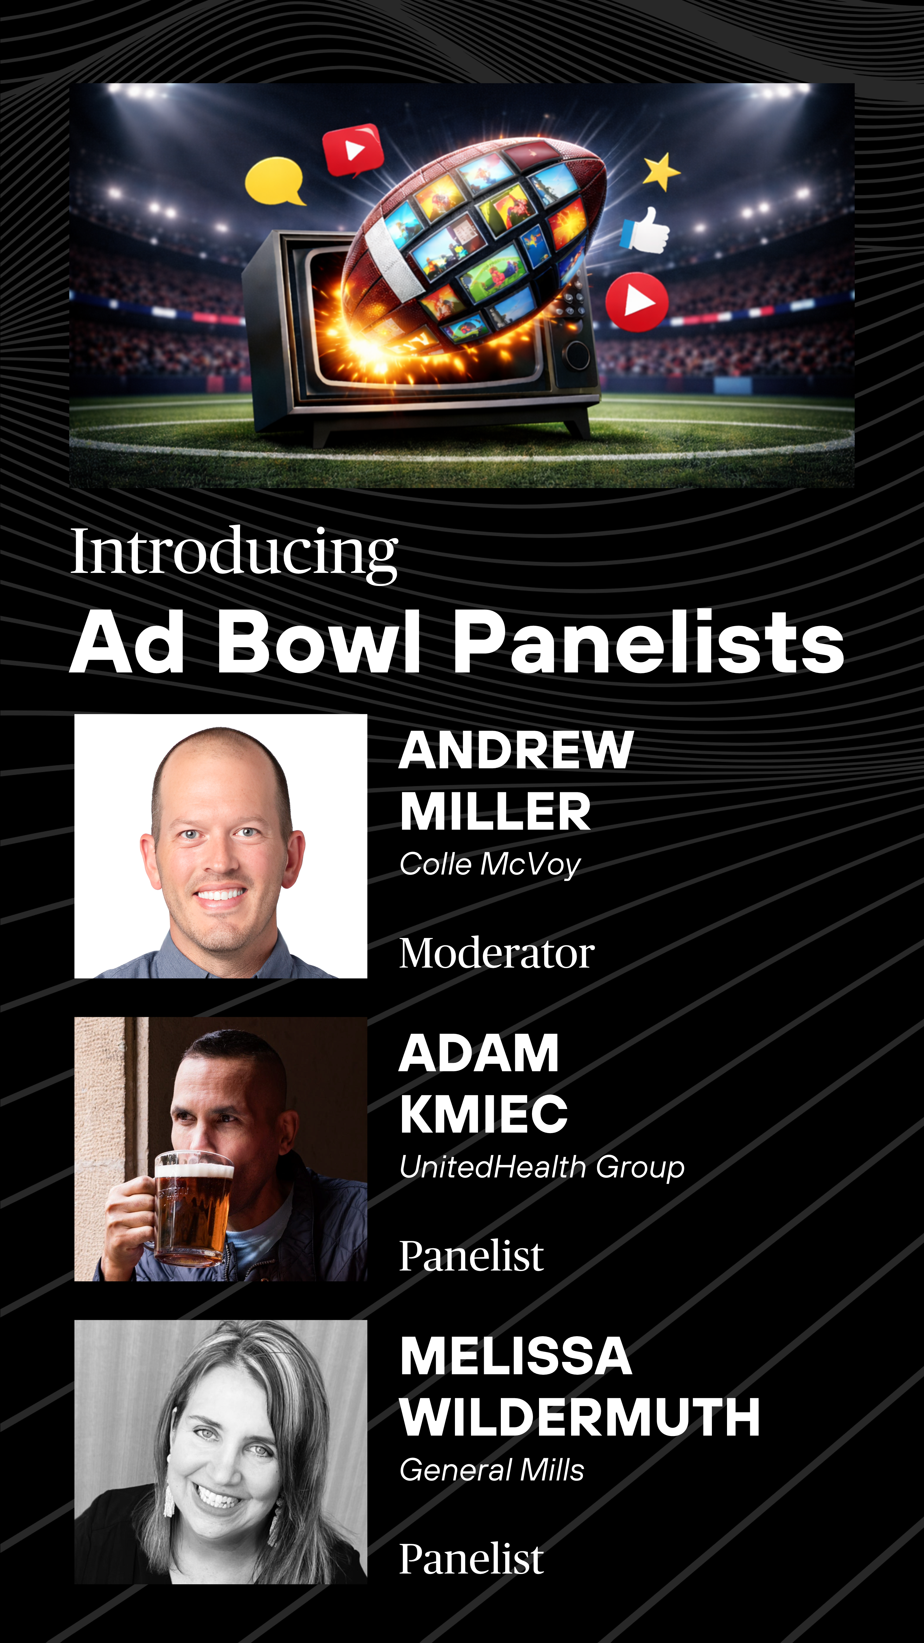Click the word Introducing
pyautogui.click(x=234, y=552)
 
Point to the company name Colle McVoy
pyautogui.click(x=490, y=864)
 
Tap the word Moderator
pyautogui.click(x=497, y=953)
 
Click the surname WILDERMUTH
pyautogui.click(x=580, y=1417)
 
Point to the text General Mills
pyautogui.click(x=492, y=1470)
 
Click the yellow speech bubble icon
pyautogui.click(x=275, y=181)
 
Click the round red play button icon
pyautogui.click(x=637, y=302)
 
